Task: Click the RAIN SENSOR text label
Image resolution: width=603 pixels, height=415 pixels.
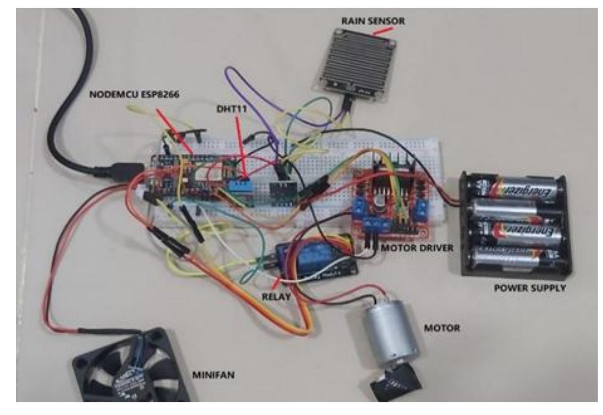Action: coord(373,21)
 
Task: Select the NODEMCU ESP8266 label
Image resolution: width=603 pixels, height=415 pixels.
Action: coord(134,94)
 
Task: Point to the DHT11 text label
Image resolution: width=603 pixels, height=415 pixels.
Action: coord(232,109)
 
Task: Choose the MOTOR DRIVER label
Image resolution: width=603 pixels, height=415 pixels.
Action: coord(417,248)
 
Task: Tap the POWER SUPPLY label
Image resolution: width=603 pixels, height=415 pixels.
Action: coord(529,288)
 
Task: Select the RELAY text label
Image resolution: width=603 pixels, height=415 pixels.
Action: coord(276,297)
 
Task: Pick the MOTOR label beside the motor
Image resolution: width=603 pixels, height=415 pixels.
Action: coord(442,328)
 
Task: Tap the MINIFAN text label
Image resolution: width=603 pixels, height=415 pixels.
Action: coord(213,375)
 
